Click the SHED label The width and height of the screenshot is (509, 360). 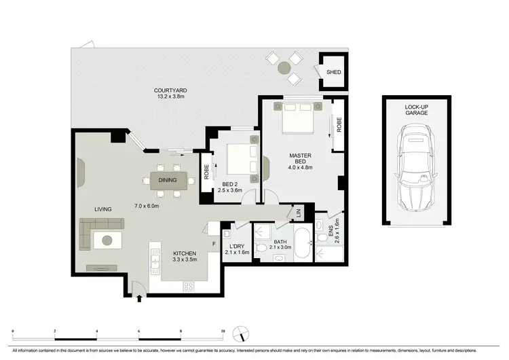pos(334,73)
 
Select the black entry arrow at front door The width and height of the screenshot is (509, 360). pos(139,298)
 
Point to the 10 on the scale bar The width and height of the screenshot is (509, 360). pos(223,331)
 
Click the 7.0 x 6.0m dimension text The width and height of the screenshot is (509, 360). pos(147,206)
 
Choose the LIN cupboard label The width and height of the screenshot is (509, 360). pos(299,213)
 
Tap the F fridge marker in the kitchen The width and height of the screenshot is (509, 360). pos(213,242)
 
